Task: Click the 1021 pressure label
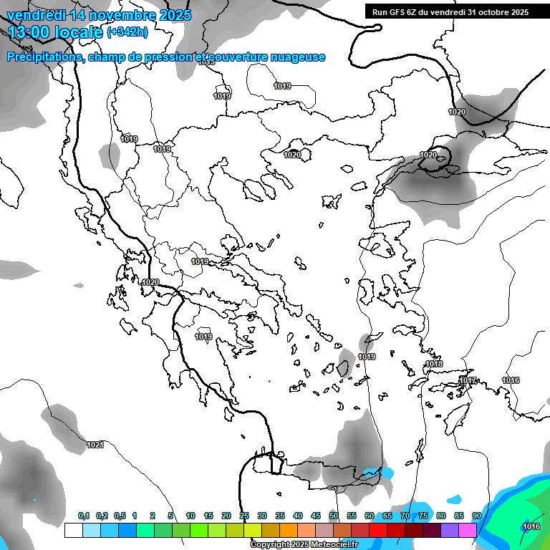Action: (95, 445)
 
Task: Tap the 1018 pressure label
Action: (434, 364)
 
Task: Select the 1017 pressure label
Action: (468, 380)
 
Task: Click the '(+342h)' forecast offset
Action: (127, 32)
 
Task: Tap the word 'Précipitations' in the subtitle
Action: (44, 57)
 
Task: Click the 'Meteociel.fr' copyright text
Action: (332, 545)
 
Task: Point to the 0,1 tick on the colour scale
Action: (84, 516)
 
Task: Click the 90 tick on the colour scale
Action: (476, 516)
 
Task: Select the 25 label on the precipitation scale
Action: (244, 516)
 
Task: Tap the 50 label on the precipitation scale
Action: (334, 516)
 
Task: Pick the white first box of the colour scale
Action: (73, 530)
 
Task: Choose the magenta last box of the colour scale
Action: (468, 530)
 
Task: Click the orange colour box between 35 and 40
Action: (289, 530)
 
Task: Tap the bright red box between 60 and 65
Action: (378, 530)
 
